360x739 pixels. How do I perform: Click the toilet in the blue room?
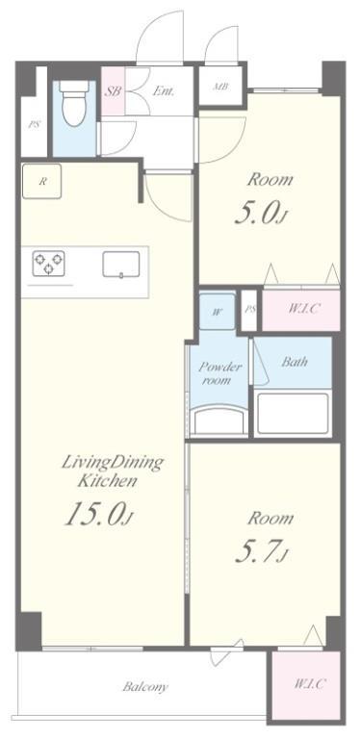(75, 103)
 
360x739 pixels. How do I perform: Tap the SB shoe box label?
(113, 91)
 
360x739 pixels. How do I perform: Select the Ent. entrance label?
(163, 91)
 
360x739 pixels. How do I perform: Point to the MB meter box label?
(221, 87)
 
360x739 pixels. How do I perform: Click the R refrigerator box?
(42, 182)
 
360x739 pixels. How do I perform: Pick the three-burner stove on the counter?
(48, 263)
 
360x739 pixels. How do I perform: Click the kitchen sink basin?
(121, 265)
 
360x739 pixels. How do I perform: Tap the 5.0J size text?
(261, 215)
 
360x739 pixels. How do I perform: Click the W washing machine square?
(218, 312)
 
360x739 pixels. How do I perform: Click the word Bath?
(295, 362)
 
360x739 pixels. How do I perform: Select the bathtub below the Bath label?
(293, 414)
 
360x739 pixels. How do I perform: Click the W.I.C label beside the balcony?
(309, 683)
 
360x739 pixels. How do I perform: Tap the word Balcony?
(145, 687)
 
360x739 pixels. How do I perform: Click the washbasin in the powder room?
(219, 420)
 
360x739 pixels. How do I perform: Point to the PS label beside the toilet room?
(34, 126)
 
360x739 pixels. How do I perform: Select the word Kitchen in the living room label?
(108, 481)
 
